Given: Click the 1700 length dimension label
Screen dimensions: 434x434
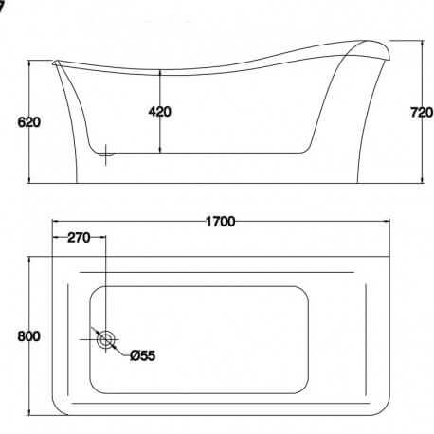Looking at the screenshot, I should (219, 222).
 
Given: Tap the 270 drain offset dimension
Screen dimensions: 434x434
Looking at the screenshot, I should (79, 239).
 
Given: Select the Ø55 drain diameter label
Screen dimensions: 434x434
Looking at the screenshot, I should (142, 355).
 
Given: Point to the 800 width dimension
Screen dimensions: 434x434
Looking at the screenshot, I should (15, 335).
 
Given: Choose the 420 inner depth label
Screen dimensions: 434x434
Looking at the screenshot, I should (159, 112).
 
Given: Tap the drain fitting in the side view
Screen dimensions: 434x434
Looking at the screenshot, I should (106, 149).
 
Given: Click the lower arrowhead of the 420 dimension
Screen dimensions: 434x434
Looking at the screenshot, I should (159, 150).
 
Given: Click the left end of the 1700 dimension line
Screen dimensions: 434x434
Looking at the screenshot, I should (51, 223).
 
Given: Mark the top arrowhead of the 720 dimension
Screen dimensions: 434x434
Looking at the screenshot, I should (421, 44).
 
